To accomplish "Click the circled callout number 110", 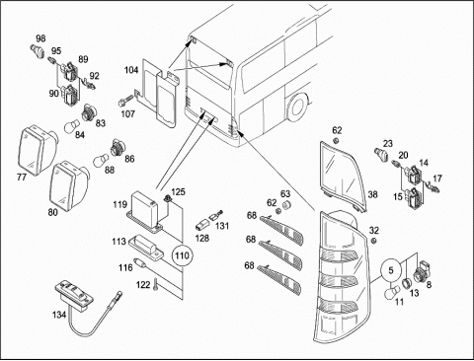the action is pos(183,255).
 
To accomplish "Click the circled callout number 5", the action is pos(391,270).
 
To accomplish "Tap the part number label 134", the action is pos(59,315).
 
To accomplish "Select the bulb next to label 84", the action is pos(72,125).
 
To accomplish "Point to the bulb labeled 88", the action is pos(101,160).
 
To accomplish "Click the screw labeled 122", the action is pos(156,284).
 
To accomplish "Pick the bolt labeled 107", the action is pos(124,102).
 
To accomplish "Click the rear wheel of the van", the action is pos(297,107).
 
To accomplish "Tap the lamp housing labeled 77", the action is pos(37,150).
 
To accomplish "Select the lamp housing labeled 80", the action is pos(69,184).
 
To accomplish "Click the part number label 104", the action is pos(131,70).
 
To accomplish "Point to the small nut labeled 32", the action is pos(373,242).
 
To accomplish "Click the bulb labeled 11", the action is pos(393,291).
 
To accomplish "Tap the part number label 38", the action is pos(372,194).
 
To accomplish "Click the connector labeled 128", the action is pos(200,226).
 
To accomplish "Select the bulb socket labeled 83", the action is pos(88,112).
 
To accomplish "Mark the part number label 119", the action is pos(119,204).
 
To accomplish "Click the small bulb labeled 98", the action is pos(38,50).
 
